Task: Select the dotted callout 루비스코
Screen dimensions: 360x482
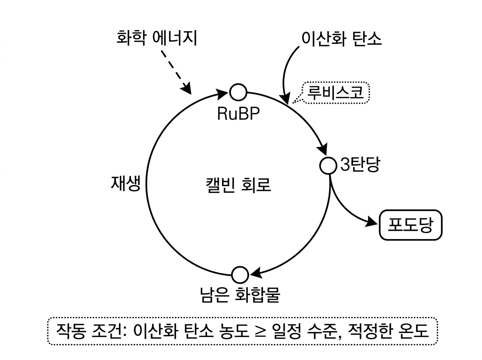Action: (x=336, y=93)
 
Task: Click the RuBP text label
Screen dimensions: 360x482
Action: (x=238, y=114)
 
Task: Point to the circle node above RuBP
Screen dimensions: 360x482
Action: (x=238, y=92)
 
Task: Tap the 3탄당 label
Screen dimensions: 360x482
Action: (x=359, y=165)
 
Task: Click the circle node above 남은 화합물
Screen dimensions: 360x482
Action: (x=240, y=275)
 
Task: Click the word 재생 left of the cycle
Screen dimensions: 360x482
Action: (x=125, y=184)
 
